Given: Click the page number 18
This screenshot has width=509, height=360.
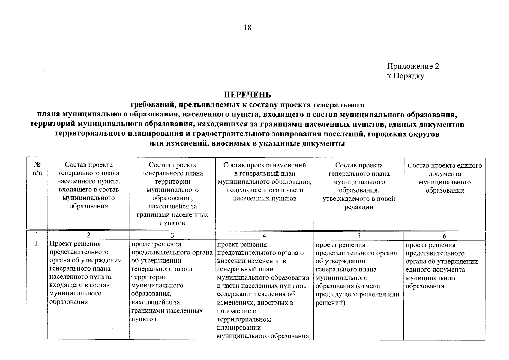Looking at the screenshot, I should tap(247, 28).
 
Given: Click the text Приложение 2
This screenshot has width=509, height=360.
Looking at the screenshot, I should tap(413, 66).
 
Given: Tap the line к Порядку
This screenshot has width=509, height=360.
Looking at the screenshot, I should tap(405, 76).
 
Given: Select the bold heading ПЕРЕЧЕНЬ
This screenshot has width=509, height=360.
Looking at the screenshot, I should tap(247, 95).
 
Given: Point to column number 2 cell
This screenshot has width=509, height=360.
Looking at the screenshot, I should tap(88, 236).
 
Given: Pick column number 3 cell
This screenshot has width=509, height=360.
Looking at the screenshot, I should tap(172, 236).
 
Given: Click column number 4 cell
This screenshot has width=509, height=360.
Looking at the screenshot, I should tap(264, 236).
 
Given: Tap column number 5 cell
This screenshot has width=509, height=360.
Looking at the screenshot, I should tap(359, 236).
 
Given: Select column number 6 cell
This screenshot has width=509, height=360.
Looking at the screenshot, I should tap(444, 236).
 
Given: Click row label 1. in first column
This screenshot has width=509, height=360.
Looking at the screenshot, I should tap(37, 244).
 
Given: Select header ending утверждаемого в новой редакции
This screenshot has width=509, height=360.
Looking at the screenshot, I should tap(359, 203).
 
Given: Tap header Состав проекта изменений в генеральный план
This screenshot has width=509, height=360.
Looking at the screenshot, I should tap(265, 169).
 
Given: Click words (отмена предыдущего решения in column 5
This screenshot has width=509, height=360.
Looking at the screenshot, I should tap(357, 290).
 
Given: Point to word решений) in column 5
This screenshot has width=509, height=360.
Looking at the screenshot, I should tap(330, 303).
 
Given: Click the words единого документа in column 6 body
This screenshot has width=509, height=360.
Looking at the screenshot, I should tap(435, 269).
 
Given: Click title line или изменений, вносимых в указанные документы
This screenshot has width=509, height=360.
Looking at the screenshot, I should tap(247, 143).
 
